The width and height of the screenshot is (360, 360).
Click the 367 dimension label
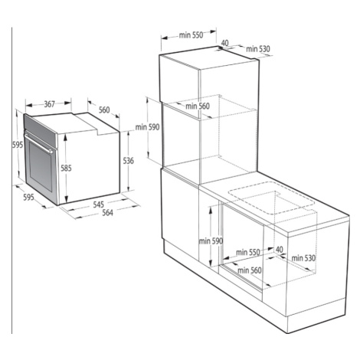pyautogui.click(x=50, y=104)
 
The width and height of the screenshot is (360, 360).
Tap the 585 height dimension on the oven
pyautogui.click(x=66, y=169)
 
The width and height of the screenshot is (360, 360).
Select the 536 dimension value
pyautogui.click(x=128, y=161)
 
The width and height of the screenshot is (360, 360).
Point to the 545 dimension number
pyautogui.click(x=98, y=205)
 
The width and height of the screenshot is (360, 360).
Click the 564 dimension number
pyautogui.click(x=107, y=212)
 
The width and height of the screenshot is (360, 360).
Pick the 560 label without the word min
pyautogui.click(x=104, y=110)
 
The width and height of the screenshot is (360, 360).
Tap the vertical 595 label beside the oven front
pyautogui.click(x=18, y=145)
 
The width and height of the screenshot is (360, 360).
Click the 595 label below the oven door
pyautogui.click(x=28, y=197)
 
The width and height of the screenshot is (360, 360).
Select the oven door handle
pyautogui.click(x=38, y=143)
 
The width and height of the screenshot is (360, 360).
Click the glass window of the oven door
pyautogui.click(x=41, y=166)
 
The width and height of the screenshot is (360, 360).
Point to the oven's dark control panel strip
pyautogui.click(x=40, y=130)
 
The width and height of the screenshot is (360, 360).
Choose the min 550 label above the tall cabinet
pyautogui.click(x=191, y=35)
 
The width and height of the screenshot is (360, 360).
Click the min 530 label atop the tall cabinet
pyautogui.click(x=258, y=49)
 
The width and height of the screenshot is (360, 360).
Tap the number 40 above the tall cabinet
pyautogui.click(x=224, y=43)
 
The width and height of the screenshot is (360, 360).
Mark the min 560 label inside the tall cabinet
pyautogui.click(x=198, y=106)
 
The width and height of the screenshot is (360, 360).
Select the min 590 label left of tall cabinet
pyautogui.click(x=147, y=127)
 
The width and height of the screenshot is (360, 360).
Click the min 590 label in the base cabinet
pyautogui.click(x=211, y=241)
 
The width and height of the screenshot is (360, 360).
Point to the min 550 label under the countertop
pyautogui.click(x=248, y=252)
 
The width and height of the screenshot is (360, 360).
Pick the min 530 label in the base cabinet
pyautogui.click(x=303, y=258)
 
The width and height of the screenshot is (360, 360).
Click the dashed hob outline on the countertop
pyautogui.click(x=271, y=198)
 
